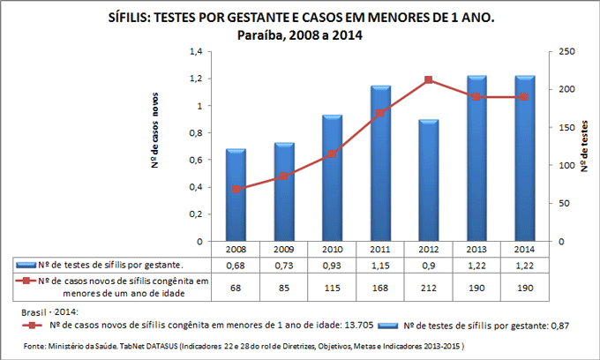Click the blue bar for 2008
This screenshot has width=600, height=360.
click(x=236, y=196)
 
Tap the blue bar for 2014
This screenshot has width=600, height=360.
click(x=524, y=159)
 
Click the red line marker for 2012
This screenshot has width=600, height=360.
click(x=429, y=80)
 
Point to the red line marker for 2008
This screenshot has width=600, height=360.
click(x=236, y=189)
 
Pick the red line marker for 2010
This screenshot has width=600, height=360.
click(x=333, y=154)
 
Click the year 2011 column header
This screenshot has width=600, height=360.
click(x=380, y=251)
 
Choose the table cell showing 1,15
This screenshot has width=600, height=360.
click(x=380, y=266)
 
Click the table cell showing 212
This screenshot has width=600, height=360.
click(x=429, y=287)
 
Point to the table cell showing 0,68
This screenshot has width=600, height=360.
click(x=236, y=266)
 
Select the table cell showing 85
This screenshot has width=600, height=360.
click(x=284, y=287)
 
